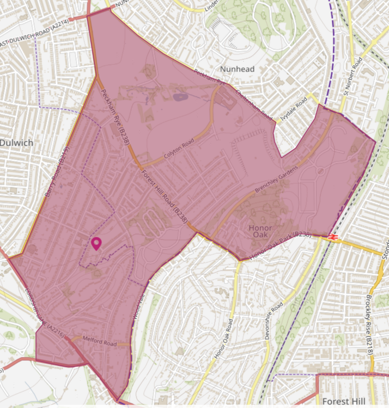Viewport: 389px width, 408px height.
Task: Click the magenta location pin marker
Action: point(96,243)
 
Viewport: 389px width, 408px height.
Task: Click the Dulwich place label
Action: point(16,143)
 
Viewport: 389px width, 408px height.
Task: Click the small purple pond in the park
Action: point(180,97)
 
